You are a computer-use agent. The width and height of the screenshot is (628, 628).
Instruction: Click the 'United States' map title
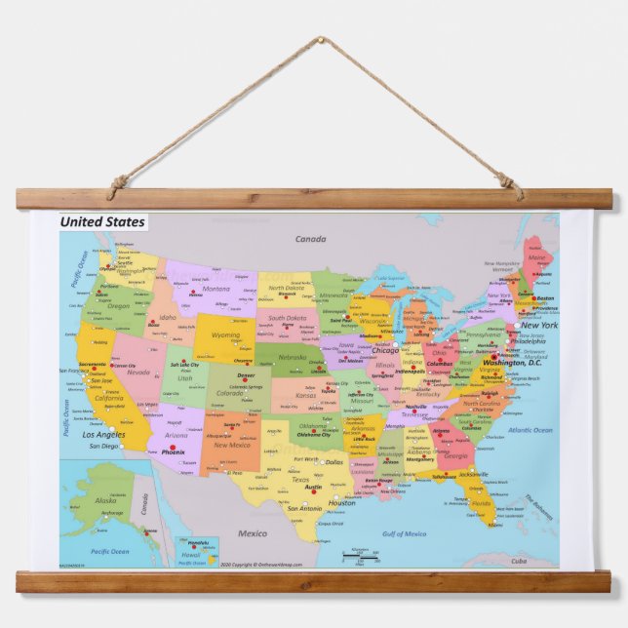click(x=102, y=222)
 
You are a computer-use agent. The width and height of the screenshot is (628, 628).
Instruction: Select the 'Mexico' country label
click(x=253, y=533)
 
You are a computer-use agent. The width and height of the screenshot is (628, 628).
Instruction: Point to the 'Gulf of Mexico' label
click(x=404, y=533)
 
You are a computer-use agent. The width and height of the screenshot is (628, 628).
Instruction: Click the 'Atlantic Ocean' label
click(x=530, y=430)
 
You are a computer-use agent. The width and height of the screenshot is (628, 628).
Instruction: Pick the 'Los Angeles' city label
click(x=103, y=434)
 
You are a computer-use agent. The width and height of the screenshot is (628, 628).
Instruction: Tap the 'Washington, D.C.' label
click(x=518, y=364)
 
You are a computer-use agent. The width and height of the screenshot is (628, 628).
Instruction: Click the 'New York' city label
click(x=538, y=325)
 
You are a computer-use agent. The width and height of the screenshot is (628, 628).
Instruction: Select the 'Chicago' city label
click(x=385, y=351)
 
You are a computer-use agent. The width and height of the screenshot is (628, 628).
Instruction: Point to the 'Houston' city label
click(x=341, y=503)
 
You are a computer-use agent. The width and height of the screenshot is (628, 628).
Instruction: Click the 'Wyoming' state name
click(x=225, y=335)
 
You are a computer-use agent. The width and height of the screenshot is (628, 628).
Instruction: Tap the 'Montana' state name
click(x=216, y=289)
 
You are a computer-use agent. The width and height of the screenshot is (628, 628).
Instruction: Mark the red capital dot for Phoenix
click(x=172, y=447)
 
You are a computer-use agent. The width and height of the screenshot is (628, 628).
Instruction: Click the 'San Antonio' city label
click(x=303, y=508)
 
